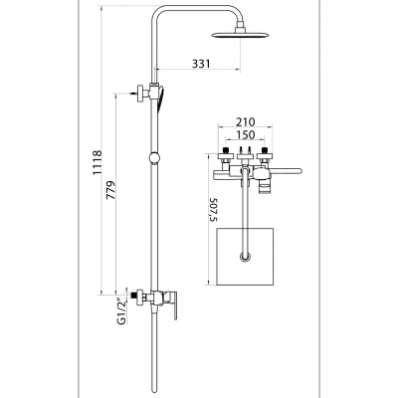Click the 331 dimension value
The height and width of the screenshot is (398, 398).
pos(201,64)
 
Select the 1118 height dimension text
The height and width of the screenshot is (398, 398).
pos(98,163)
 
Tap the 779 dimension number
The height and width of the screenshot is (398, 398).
pos(111,190)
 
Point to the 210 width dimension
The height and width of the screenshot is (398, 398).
pos(246,122)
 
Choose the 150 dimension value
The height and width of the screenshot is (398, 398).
pos(246,135)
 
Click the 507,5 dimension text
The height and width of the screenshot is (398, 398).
pos(213,209)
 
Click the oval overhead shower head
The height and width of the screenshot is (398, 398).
pos(239,35)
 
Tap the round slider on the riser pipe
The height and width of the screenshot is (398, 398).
pos(154,157)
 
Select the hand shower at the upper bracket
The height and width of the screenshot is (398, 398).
pos(160,99)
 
